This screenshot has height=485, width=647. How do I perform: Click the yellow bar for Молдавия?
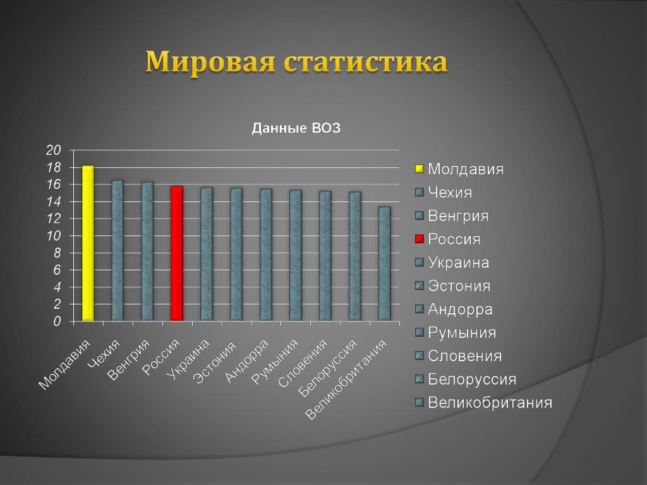[88, 243]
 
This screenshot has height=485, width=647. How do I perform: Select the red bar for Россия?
[177, 254]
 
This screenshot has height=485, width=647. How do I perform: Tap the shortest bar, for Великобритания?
[385, 263]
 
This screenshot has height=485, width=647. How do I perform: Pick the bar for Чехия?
[118, 250]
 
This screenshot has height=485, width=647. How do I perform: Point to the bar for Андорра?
[266, 255]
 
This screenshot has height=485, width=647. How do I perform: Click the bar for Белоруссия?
[355, 256]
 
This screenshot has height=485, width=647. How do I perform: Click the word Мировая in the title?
[210, 62]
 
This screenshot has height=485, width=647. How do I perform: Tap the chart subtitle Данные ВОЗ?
[296, 128]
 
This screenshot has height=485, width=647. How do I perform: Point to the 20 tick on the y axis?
[53, 150]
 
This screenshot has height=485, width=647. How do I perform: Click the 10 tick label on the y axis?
[53, 236]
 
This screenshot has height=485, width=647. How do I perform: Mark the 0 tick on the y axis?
[57, 321]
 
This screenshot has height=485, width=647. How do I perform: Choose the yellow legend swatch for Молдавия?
[420, 169]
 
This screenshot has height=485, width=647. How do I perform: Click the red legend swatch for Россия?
[420, 239]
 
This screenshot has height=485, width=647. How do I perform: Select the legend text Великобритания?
[490, 402]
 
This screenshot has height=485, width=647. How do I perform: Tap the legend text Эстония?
[459, 286]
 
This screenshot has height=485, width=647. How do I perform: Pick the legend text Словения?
[464, 356]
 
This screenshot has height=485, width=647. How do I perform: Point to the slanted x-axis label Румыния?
[275, 362]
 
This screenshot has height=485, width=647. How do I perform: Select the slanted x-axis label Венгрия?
[128, 359]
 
